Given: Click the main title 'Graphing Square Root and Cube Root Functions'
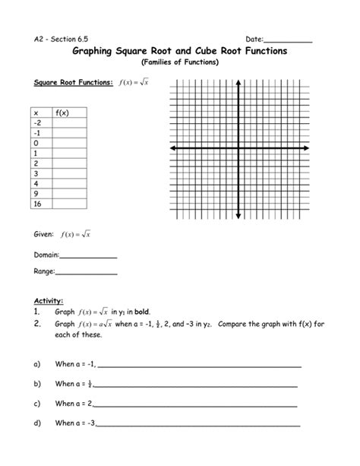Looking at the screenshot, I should pyautogui.click(x=179, y=51).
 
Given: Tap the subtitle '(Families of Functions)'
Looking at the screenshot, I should pyautogui.click(x=180, y=62).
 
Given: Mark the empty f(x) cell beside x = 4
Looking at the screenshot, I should pyautogui.click(x=70, y=183).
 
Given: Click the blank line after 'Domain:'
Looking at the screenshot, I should pyautogui.click(x=88, y=258).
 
